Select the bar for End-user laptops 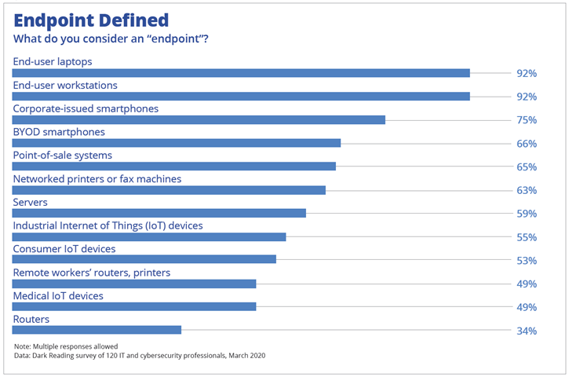[x=241, y=73]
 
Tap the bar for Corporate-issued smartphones [x=199, y=120]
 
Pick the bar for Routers [x=97, y=331]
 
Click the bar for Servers [x=159, y=214]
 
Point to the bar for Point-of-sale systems [x=174, y=167]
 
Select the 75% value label [x=526, y=120]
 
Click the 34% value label [x=526, y=331]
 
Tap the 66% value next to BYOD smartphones [x=526, y=144]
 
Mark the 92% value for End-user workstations [x=526, y=97]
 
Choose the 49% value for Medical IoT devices [x=526, y=307]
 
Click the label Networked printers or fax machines [x=97, y=179]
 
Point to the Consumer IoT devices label [x=64, y=249]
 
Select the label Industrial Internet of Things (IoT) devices [x=108, y=225]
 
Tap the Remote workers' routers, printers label [x=92, y=273]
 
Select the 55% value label [x=526, y=237]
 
